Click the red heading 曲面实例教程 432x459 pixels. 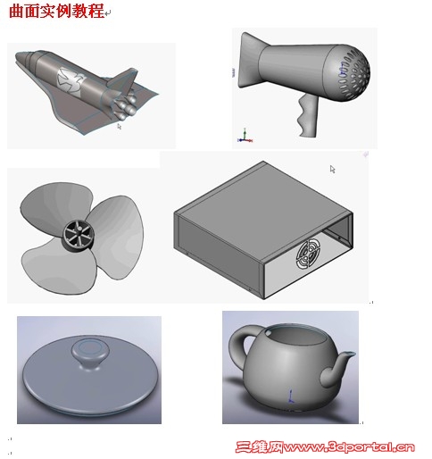click(56, 11)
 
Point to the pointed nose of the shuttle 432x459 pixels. click(17, 57)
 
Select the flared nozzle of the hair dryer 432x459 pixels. click(249, 61)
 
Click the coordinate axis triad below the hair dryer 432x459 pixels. click(245, 136)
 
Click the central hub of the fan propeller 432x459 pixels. click(78, 235)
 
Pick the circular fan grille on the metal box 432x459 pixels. click(309, 255)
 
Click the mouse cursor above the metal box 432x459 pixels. click(332, 169)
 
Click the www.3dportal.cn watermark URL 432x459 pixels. click(349, 446)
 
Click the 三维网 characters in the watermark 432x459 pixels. click(260, 446)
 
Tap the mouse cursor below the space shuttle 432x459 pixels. click(119, 127)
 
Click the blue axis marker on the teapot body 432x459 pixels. click(291, 396)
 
